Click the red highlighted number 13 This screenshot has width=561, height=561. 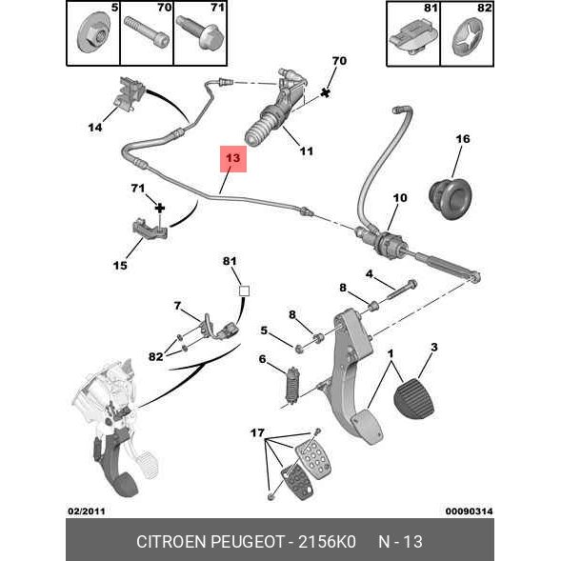[x=233, y=158]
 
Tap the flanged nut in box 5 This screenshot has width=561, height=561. [x=94, y=33]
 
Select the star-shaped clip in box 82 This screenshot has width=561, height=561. [x=467, y=38]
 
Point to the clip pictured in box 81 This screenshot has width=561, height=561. [x=413, y=37]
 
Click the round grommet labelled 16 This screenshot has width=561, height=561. [x=451, y=199]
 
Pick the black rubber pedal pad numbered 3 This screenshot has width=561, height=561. [x=414, y=398]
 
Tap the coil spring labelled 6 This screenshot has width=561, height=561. [x=292, y=387]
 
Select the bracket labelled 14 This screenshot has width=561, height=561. [x=130, y=92]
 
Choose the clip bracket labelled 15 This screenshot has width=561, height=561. [x=150, y=229]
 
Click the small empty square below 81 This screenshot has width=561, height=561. [x=244, y=291]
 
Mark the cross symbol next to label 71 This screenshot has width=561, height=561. [x=160, y=208]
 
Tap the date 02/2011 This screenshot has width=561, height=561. [x=87, y=511]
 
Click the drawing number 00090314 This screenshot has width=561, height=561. [x=469, y=511]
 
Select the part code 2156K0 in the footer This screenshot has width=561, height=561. [x=327, y=542]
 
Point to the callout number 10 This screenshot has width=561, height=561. [x=400, y=198]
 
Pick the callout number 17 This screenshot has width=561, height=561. [x=257, y=433]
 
